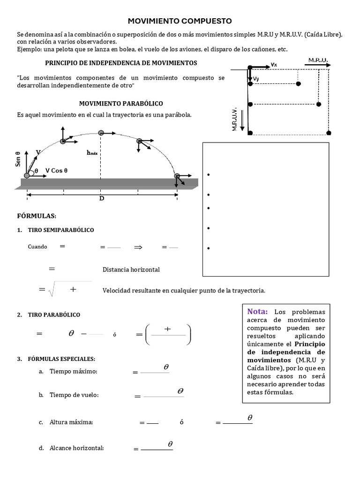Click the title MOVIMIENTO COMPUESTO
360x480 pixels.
180,21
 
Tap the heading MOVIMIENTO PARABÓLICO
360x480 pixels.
121,103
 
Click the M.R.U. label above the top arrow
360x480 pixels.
318,60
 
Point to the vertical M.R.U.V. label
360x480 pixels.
234,120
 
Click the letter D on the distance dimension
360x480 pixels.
101,198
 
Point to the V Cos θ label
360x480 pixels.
57,171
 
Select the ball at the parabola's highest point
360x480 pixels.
101,133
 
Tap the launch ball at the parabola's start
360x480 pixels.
27,175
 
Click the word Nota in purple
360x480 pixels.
257,311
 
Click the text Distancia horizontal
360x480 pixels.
131,270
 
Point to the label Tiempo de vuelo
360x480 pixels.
74,395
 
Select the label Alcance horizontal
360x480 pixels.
76,448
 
